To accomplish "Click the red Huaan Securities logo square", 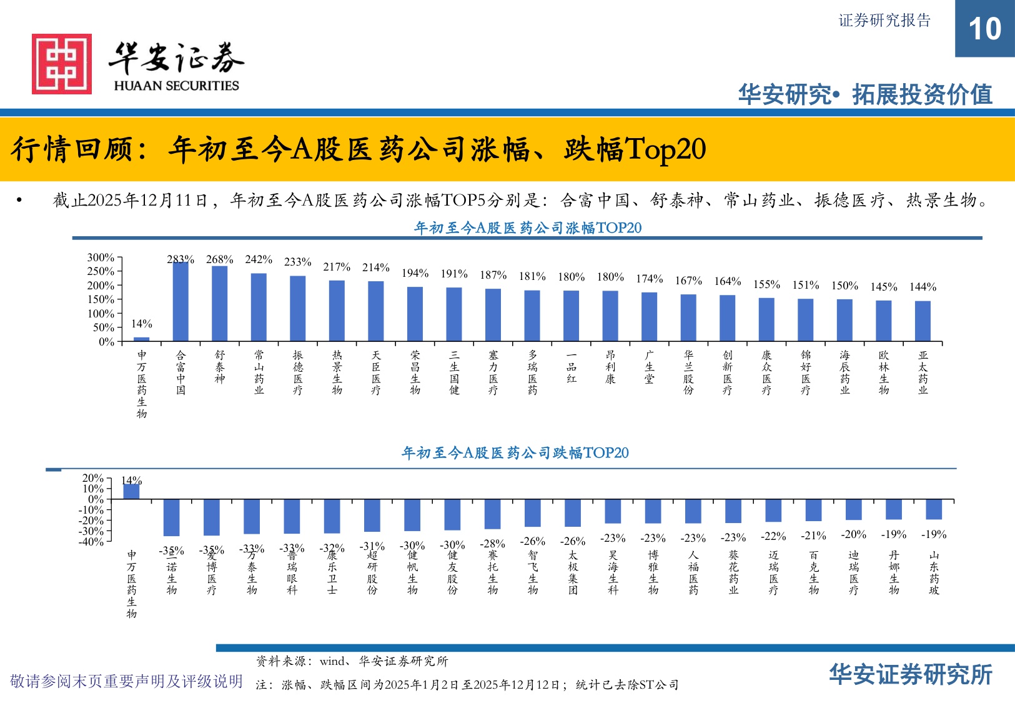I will [x=62, y=64].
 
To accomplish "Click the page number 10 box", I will [x=984, y=29].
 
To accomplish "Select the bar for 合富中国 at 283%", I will [x=181, y=301].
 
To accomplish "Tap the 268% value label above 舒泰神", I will [x=219, y=259].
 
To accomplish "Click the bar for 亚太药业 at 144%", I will [x=923, y=321].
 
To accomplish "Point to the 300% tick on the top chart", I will [x=101, y=257].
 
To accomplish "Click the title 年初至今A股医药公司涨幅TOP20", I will [x=528, y=228].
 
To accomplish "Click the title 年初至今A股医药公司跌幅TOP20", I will [x=515, y=452].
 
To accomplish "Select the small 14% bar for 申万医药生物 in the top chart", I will [x=142, y=339].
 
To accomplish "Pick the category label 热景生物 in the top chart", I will [x=337, y=372].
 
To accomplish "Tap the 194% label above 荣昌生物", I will [x=415, y=273].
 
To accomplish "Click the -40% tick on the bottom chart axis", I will [x=92, y=542].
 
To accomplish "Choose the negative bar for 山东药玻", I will [x=934, y=509].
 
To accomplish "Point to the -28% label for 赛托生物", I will [x=492, y=544].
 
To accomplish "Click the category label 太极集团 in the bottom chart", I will [x=573, y=572].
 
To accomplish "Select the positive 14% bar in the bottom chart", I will [x=131, y=491].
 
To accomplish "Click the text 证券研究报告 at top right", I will [x=884, y=21].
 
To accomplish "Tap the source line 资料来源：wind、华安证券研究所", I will [x=352, y=661].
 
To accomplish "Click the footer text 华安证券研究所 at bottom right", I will [x=911, y=675].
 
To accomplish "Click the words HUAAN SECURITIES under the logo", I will [x=176, y=86].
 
